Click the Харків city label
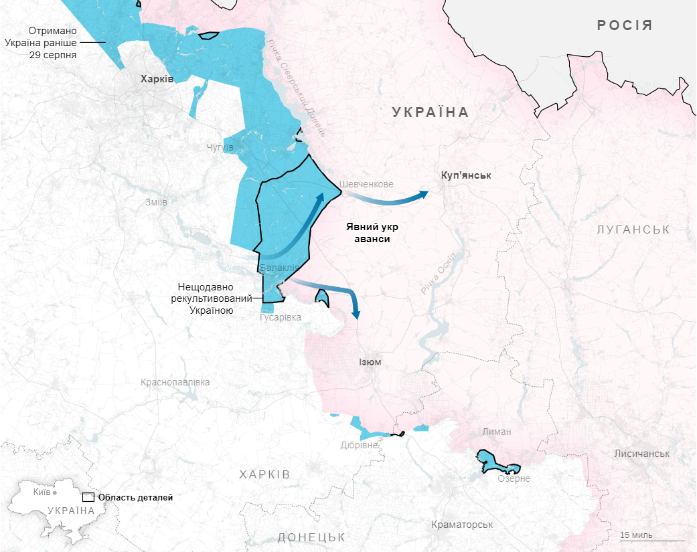[157, 79]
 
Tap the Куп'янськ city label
[466, 175]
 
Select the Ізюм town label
[370, 362]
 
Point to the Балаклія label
[279, 268]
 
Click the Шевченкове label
[366, 184]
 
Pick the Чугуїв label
[220, 147]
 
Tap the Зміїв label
[155, 202]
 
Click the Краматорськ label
[462, 525]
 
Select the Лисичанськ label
[641, 454]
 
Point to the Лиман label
[496, 432]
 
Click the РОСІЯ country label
[624, 26]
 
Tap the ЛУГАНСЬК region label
[633, 229]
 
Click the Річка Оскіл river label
[439, 275]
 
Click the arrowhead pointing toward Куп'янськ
[424, 193]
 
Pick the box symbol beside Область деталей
[88, 498]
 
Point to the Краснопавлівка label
[175, 382]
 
